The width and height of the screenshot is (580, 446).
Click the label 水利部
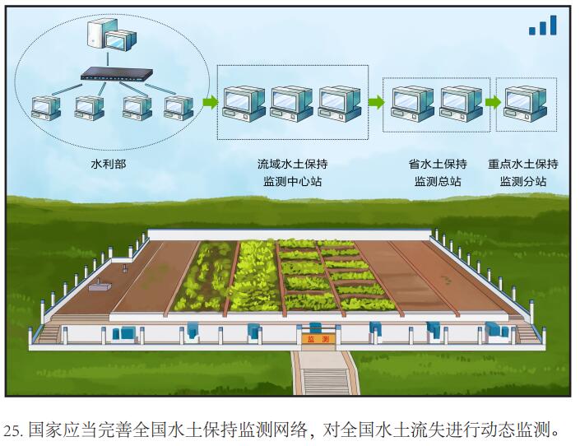tap(108, 164)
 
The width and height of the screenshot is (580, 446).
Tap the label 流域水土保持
tap(292, 164)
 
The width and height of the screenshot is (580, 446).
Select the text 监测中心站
tap(292, 181)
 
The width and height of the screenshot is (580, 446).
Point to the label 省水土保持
tap(438, 164)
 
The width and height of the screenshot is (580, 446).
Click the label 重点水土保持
tap(523, 164)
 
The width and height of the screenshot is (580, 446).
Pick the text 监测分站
tap(523, 181)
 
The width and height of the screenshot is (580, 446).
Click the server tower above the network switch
tap(99, 33)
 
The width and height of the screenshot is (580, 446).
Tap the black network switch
tap(117, 75)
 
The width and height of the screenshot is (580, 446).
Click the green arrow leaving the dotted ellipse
tap(211, 101)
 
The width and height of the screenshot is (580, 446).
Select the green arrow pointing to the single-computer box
tap(493, 102)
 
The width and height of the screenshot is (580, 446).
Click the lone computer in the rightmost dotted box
tap(525, 104)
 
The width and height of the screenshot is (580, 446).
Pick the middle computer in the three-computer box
tap(291, 104)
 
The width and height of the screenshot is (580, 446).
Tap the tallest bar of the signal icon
tap(554, 25)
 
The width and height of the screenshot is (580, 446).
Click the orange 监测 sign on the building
tap(319, 339)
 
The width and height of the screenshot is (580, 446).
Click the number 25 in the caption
tap(12, 430)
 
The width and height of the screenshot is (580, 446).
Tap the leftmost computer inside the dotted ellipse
tap(46, 108)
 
